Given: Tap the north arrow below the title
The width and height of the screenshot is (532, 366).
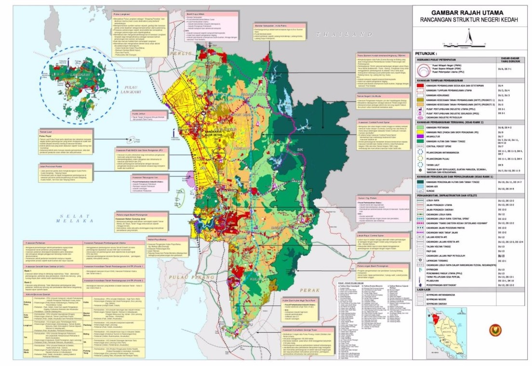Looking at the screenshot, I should click(x=471, y=37).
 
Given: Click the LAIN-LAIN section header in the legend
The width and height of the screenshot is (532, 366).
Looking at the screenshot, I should click(x=426, y=290).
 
